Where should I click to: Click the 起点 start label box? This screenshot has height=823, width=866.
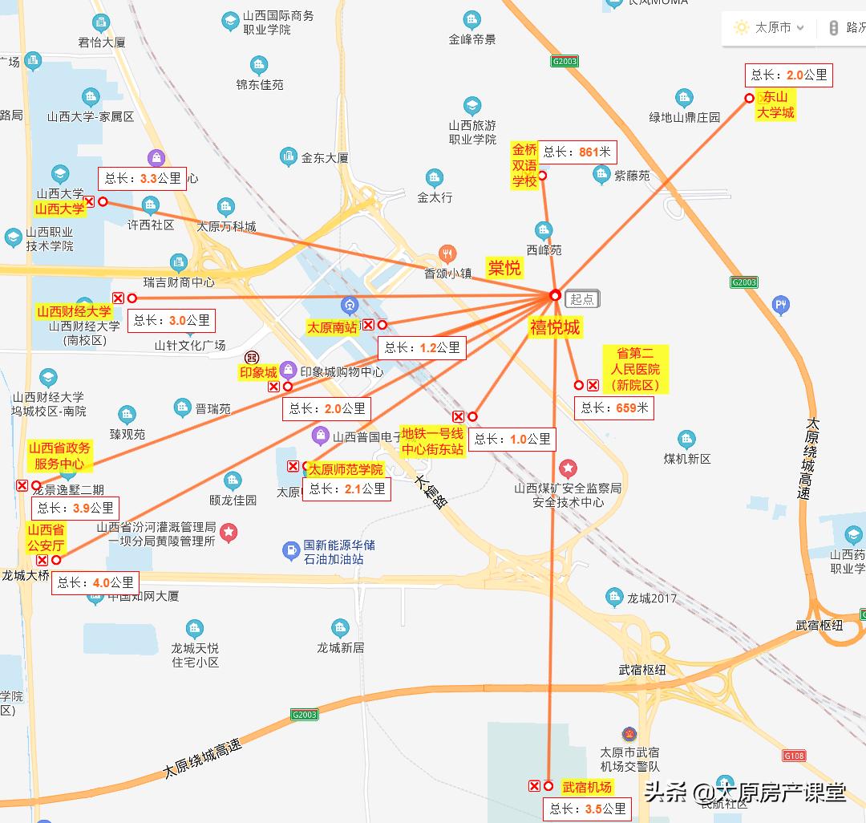coord(583,299)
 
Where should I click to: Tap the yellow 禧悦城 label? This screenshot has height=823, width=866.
coord(554,326)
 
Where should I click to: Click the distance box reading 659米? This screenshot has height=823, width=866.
coord(614,407)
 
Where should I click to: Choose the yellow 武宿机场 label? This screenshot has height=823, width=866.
coord(587,787)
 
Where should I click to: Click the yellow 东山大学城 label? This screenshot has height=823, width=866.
coord(775,105)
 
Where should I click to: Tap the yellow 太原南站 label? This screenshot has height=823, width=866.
coord(332,327)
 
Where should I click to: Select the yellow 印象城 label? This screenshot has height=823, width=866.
coord(258,372)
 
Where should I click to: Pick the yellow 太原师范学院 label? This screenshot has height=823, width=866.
coord(346,469)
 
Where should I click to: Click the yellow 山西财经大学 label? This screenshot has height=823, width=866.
coord(75,311)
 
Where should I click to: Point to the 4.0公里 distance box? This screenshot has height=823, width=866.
coord(95,583)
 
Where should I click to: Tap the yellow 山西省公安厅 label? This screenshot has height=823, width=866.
coord(46,537)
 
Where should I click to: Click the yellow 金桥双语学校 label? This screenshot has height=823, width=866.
coord(524,165)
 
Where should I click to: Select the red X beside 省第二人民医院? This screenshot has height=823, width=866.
coord(593,385)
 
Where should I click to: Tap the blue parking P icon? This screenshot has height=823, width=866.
coord(781,305)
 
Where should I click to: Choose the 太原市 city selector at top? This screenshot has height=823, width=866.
coord(773,28)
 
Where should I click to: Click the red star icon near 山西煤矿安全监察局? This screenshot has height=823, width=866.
coord(569,468)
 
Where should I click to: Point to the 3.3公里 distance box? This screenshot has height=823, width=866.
coord(143,178)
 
